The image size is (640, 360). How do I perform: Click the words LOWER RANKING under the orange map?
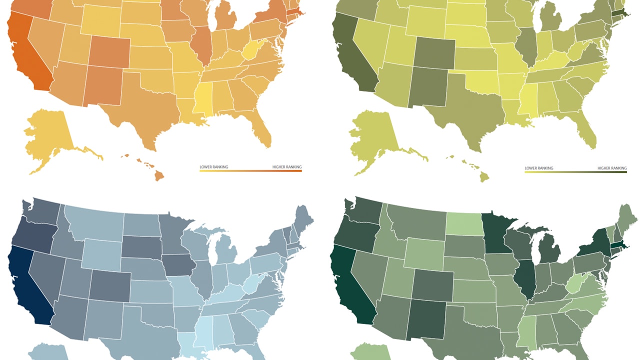click(213, 166)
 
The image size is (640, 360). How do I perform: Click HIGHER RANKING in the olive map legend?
click(612, 168)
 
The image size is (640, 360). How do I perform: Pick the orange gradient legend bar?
click(250, 171)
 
